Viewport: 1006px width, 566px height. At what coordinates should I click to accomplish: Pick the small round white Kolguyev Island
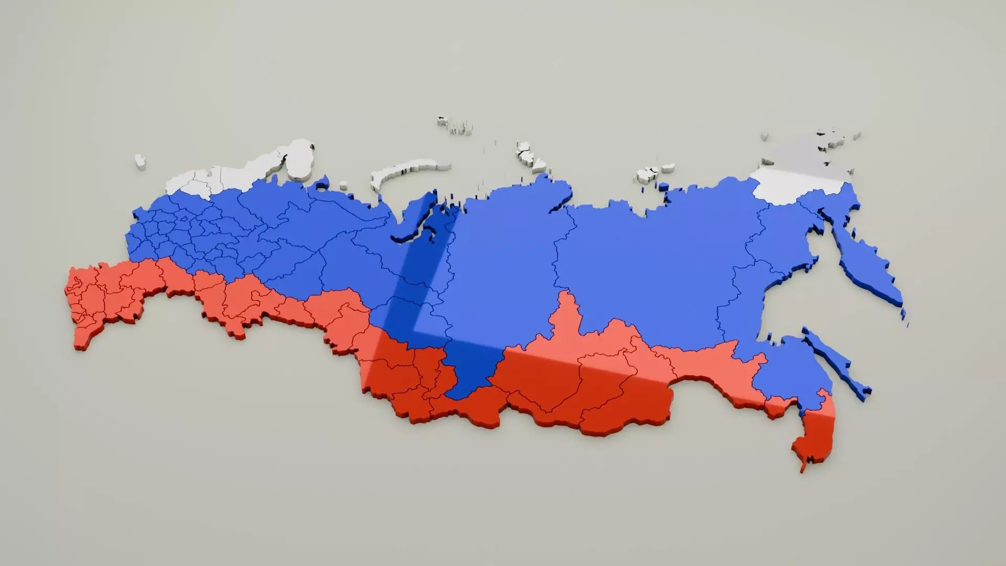tap(343, 184)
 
